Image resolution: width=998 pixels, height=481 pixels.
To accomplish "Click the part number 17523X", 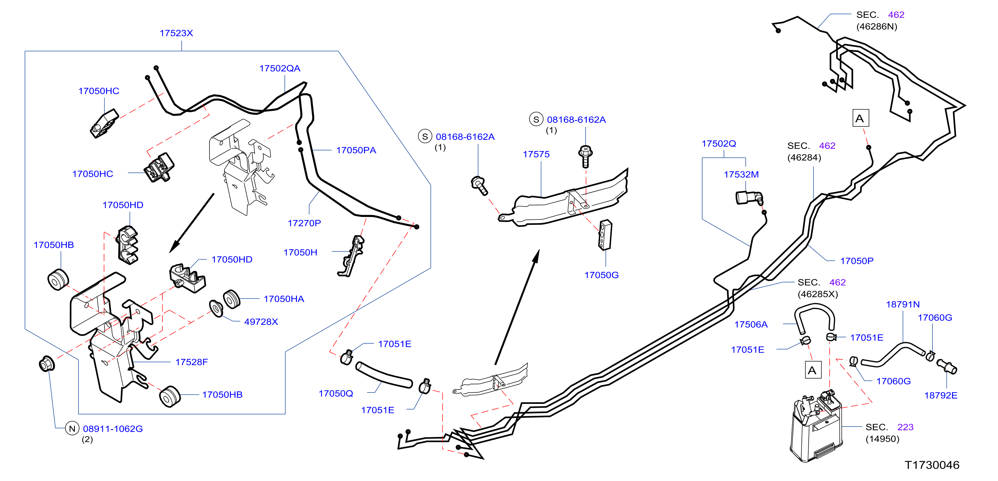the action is tap(176, 33).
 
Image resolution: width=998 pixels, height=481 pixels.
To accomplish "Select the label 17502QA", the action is tap(280, 68).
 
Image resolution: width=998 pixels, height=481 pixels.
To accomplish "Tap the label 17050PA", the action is tap(356, 150).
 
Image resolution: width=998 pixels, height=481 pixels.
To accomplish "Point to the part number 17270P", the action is tap(304, 223).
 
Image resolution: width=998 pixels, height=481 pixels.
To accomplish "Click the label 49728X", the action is tap(261, 322).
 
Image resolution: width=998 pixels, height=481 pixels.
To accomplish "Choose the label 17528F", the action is tap(191, 362).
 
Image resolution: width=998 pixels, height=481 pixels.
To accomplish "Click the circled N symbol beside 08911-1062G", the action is tap(72, 428).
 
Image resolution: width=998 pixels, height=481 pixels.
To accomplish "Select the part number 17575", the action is tap(536, 155).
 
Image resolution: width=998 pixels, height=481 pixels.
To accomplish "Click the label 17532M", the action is tap(741, 175).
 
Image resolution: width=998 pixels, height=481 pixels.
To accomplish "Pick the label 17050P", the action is tap(857, 261).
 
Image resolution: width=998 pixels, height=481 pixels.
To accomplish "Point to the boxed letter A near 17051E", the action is tap(813, 370).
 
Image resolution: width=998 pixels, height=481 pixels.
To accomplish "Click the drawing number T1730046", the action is tap(932, 465).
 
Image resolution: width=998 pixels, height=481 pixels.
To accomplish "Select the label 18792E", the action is tap(941, 395).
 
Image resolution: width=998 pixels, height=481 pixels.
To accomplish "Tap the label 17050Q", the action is tap(336, 393).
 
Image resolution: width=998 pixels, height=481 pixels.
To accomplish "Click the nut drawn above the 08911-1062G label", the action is tap(47, 364).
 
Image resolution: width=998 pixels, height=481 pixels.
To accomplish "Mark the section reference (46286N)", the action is tap(876, 27).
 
